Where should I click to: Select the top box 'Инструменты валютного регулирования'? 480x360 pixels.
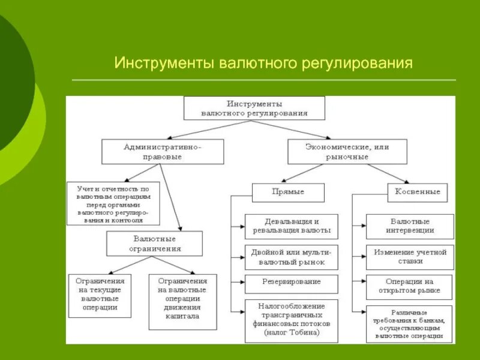pyautogui.click(x=254, y=108)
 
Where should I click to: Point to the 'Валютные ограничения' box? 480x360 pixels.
pyautogui.click(x=155, y=243)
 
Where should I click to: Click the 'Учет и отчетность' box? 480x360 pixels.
pyautogui.click(x=113, y=203)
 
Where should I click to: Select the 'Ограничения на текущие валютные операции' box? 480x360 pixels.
pyautogui.click(x=100, y=294)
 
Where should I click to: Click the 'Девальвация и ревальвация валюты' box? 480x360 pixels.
pyautogui.click(x=291, y=226)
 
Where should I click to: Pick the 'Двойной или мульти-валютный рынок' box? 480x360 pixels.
pyautogui.click(x=291, y=257)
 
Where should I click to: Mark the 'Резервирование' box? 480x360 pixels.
pyautogui.click(x=291, y=282)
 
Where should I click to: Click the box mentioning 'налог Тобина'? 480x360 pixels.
pyautogui.click(x=291, y=319)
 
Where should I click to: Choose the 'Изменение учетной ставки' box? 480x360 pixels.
pyautogui.click(x=410, y=257)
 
